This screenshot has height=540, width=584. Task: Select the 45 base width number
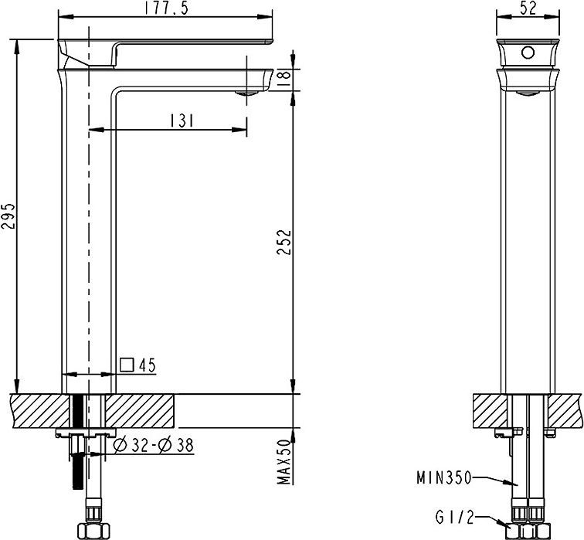148,365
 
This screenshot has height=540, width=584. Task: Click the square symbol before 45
127,365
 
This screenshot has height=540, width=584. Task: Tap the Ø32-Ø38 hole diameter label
152,445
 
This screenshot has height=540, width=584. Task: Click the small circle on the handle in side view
528,53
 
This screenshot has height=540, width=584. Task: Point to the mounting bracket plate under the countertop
85,433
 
